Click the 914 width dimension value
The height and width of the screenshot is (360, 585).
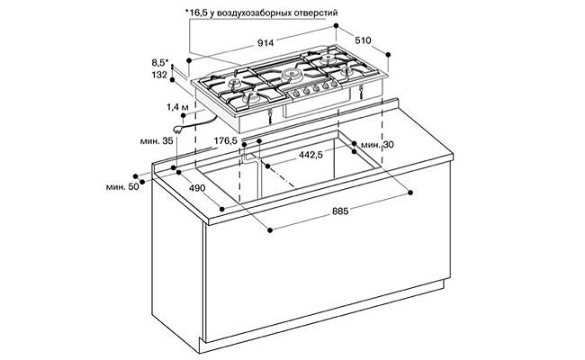coord(265,43)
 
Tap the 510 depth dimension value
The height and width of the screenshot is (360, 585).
coord(363,40)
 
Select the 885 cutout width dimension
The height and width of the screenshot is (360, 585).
coord(340,211)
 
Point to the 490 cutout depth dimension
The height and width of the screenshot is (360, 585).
coord(197,188)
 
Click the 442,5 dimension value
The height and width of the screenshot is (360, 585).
coord(310,155)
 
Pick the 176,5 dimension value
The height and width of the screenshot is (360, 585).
coord(226,140)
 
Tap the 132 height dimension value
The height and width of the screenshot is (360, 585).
coord(159,75)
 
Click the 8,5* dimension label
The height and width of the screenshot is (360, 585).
coord(160,62)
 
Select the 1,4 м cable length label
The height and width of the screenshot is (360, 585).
coord(177,107)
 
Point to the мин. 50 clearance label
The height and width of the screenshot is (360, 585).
coord(122,187)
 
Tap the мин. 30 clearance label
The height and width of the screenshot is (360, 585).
coord(377,145)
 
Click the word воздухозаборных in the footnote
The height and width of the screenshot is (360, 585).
coord(253,13)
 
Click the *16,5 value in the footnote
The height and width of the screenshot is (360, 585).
coord(196,13)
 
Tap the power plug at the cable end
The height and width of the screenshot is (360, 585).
coord(178,130)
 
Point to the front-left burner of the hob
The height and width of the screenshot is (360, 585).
coord(251,98)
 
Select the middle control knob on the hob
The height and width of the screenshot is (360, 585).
coord(315,88)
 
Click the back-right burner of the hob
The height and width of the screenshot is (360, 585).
coord(328,58)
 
